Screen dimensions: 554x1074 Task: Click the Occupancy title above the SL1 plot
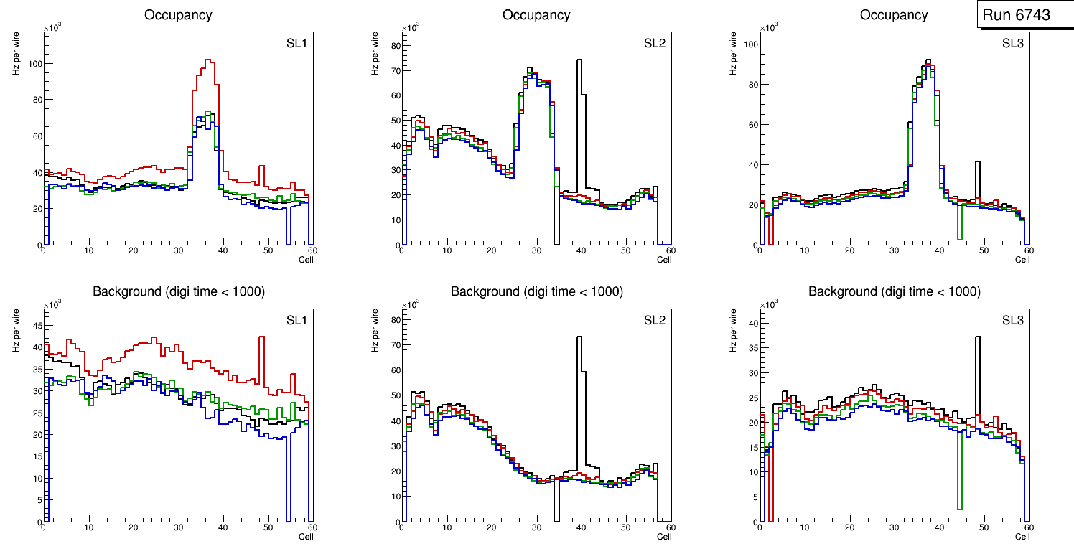pyautogui.click(x=178, y=15)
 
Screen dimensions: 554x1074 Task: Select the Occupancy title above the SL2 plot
pyautogui.click(x=536, y=15)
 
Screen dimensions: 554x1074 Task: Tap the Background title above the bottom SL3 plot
pyautogui.click(x=894, y=291)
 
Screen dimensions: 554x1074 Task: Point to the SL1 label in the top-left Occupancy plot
pyautogui.click(x=296, y=44)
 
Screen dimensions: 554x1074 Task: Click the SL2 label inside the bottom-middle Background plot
pyautogui.click(x=654, y=320)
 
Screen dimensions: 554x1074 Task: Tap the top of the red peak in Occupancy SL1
pyautogui.click(x=209, y=60)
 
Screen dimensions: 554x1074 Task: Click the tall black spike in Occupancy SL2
pyautogui.click(x=579, y=60)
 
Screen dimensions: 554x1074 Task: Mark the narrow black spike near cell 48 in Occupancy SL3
pyautogui.click(x=977, y=163)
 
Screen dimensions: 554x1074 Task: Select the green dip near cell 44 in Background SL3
pyautogui.click(x=959, y=509)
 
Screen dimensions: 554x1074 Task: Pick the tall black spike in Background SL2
pyautogui.click(x=579, y=337)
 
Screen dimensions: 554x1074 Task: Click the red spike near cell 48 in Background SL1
pyautogui.click(x=262, y=337)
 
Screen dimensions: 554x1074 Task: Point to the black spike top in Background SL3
pyautogui.click(x=977, y=337)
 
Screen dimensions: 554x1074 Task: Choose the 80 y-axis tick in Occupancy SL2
pyautogui.click(x=394, y=44)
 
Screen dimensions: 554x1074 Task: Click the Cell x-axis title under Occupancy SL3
pyautogui.click(x=1022, y=259)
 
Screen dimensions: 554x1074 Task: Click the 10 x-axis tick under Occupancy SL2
pyautogui.click(x=447, y=250)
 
